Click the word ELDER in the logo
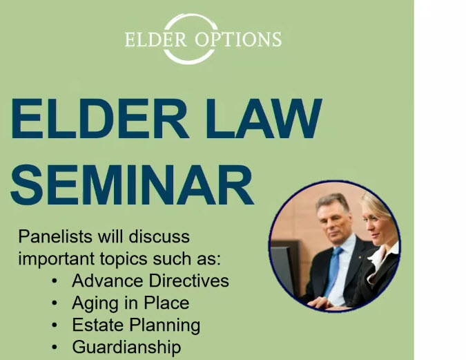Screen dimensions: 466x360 point(156,39)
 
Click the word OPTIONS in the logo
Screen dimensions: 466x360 point(238,39)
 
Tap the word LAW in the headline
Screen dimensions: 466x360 point(264,119)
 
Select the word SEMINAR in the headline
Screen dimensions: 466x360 point(132,184)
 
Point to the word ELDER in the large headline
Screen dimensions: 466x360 point(100,119)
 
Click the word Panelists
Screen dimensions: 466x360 point(55,237)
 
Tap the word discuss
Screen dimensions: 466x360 point(159,237)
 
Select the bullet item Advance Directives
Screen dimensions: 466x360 point(151,281)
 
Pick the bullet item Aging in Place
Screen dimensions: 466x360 point(130,303)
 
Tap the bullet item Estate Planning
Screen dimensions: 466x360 point(136,325)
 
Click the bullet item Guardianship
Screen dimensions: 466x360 point(126,347)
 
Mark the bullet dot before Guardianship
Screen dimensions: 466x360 point(55,347)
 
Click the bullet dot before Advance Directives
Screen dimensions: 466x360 point(55,281)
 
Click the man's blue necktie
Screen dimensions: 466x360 point(333,272)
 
